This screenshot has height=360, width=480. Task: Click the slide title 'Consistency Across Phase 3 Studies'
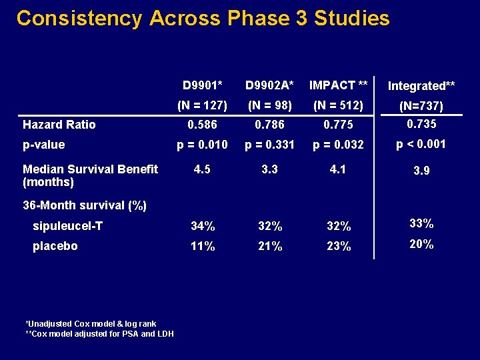click(x=203, y=18)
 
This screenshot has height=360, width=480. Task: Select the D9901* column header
click(x=203, y=85)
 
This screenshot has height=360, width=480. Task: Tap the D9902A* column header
click(x=269, y=85)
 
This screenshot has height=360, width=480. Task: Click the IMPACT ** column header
click(x=338, y=85)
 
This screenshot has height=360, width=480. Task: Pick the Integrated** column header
click(x=421, y=86)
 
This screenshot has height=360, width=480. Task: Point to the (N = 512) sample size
click(x=337, y=105)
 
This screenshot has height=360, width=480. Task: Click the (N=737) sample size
click(x=421, y=106)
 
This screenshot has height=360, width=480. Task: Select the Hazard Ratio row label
click(x=59, y=125)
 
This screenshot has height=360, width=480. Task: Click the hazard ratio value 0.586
click(x=203, y=125)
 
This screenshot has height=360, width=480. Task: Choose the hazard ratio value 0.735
click(x=421, y=123)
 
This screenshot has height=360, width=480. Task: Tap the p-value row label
click(x=44, y=145)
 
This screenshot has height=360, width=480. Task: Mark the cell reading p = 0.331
click(x=269, y=145)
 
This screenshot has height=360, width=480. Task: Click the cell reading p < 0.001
click(x=421, y=144)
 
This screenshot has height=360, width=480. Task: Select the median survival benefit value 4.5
click(x=203, y=169)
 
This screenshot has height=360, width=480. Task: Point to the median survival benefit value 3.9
click(x=421, y=171)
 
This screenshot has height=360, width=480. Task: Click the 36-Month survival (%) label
click(x=85, y=205)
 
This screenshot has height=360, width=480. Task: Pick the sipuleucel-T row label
click(x=67, y=226)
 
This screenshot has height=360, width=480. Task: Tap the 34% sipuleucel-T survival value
click(x=203, y=227)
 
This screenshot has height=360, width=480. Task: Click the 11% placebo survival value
click(x=203, y=247)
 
